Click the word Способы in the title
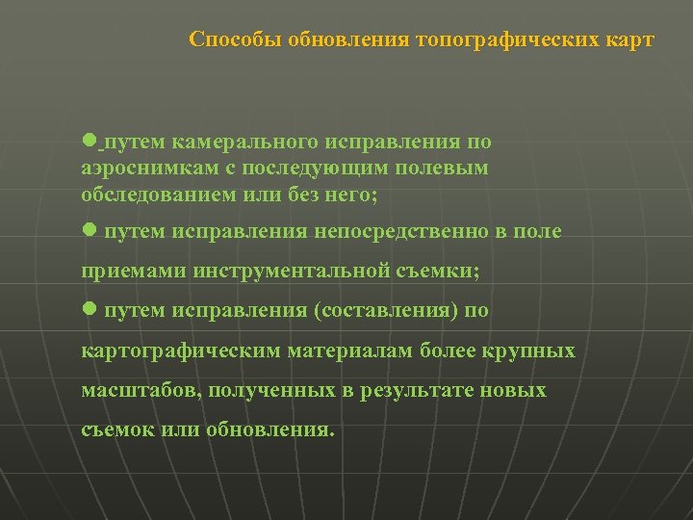(x=226, y=39)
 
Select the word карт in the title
(x=629, y=39)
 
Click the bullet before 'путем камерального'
(x=89, y=141)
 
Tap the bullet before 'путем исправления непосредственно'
(x=89, y=230)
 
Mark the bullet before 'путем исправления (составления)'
(x=89, y=309)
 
